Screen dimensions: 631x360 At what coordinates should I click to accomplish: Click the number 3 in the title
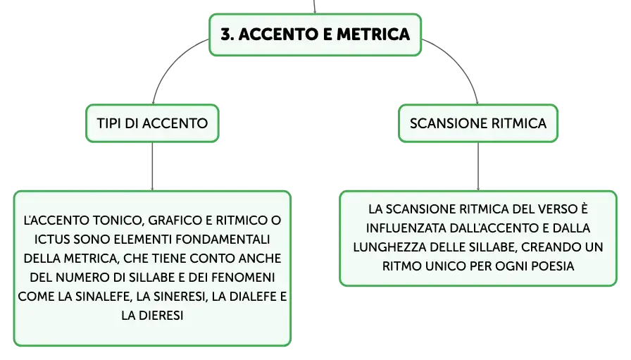pos(226,35)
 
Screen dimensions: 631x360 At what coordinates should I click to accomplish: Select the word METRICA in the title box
pos(373,35)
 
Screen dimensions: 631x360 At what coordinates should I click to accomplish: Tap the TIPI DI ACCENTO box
pos(152,123)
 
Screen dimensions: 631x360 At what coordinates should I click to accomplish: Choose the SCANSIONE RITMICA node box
pos(478,123)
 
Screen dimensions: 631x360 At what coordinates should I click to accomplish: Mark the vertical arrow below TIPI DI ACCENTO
pos(152,166)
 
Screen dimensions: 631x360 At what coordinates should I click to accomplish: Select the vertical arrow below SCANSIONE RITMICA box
pos(478,166)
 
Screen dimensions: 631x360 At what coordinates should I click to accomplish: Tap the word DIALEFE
pos(253,297)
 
